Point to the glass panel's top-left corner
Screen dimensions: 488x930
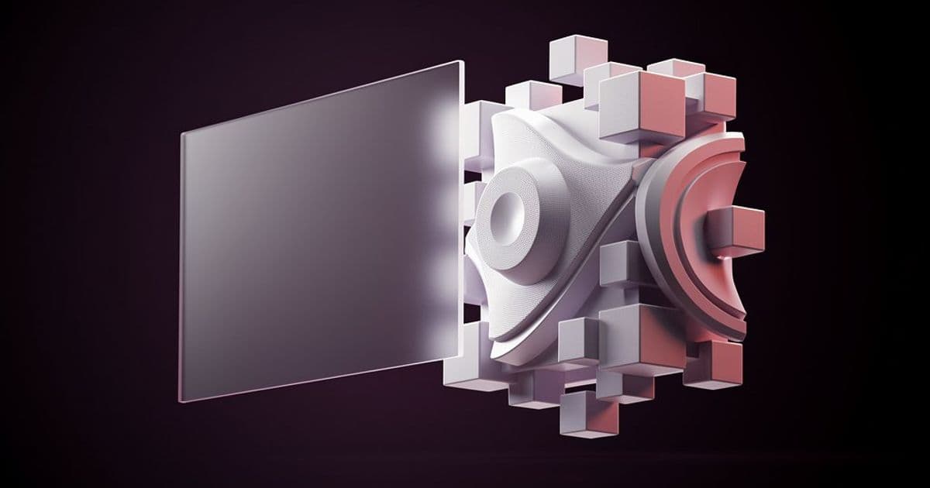click(x=183, y=133)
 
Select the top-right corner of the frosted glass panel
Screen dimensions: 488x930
click(x=463, y=62)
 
